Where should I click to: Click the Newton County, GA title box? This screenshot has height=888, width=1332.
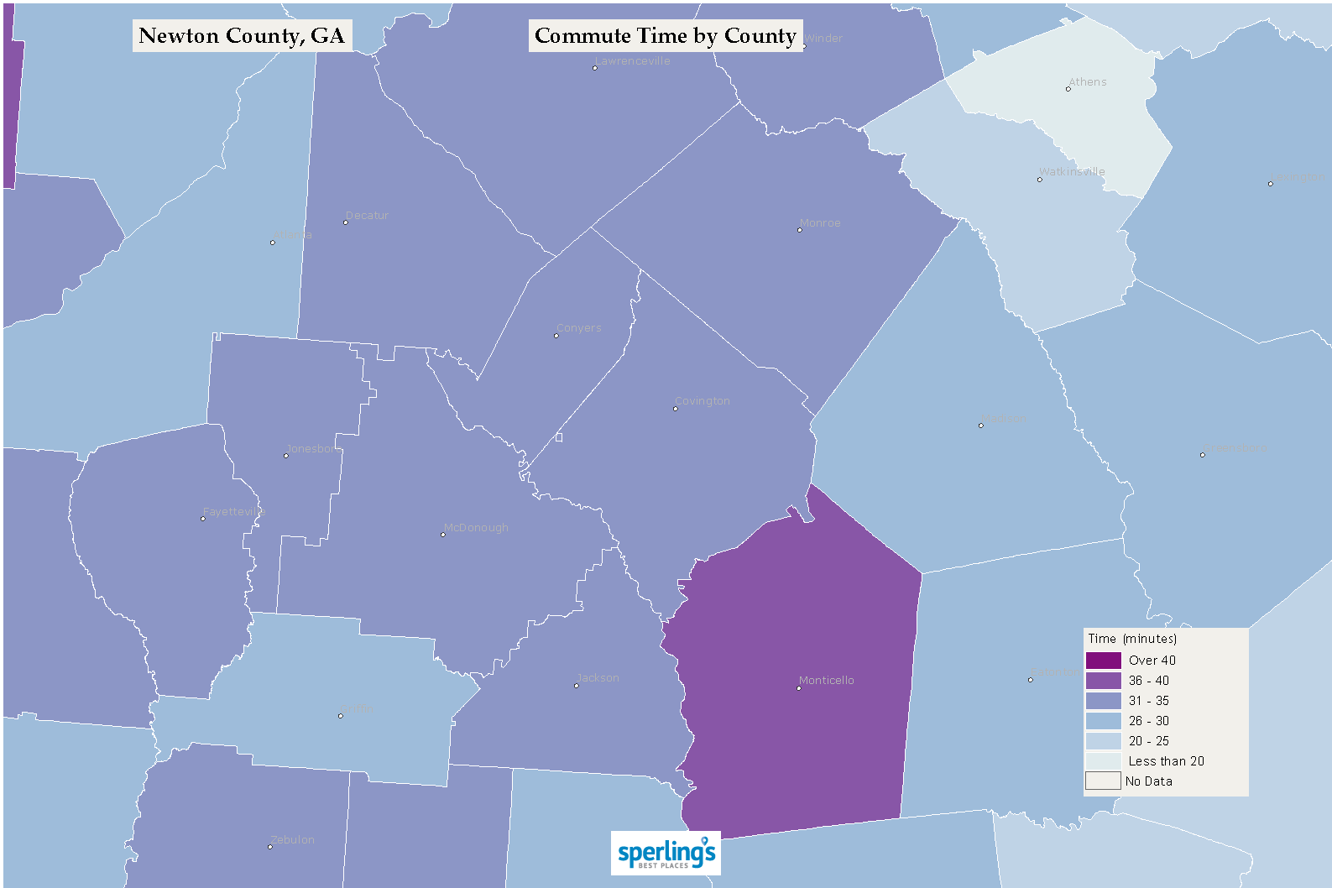tap(242, 36)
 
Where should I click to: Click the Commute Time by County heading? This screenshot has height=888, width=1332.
tap(665, 36)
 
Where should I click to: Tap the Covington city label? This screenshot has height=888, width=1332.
tap(703, 401)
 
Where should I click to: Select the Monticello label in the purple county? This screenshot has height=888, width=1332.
tap(827, 681)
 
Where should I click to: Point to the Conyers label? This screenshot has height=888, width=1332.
tap(579, 328)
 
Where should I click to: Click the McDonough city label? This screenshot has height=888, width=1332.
tap(476, 528)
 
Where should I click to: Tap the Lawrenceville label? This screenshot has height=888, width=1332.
tap(633, 61)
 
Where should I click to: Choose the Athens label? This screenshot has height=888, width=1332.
tap(1088, 82)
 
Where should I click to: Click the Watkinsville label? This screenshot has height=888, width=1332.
tap(1072, 172)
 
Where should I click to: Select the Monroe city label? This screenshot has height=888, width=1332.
tap(820, 223)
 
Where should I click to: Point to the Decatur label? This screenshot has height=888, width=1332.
tap(367, 216)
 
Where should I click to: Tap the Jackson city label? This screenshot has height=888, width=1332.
tap(598, 678)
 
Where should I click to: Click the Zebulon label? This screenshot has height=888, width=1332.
tap(293, 840)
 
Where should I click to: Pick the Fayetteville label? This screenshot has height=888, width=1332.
tap(233, 512)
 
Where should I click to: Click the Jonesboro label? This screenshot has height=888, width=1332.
tap(314, 449)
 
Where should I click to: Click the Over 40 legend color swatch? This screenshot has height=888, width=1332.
tap(1103, 661)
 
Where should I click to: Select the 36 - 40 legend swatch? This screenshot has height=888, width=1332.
tap(1103, 681)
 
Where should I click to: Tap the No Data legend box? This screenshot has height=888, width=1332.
tap(1103, 781)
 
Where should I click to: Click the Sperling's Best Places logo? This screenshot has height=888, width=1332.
tap(666, 854)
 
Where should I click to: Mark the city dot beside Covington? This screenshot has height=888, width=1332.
tap(676, 409)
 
